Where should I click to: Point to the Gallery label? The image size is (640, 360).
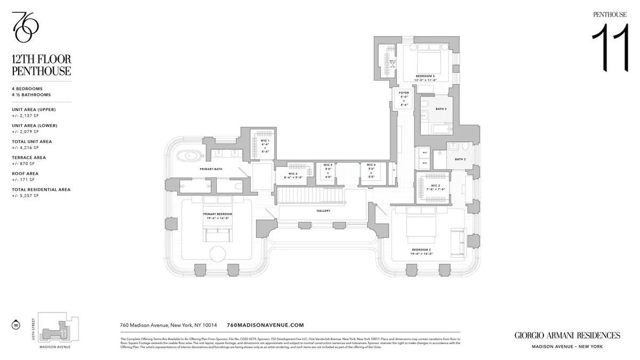pyautogui.click(x=323, y=211)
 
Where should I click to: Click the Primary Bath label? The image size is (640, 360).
pyautogui.click(x=211, y=169)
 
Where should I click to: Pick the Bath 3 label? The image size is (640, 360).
pyautogui.click(x=441, y=109)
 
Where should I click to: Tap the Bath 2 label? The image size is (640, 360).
pyautogui.click(x=460, y=159)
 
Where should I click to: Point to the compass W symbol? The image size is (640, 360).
pyautogui.click(x=16, y=324)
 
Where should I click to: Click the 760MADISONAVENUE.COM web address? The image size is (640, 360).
pyautogui.click(x=265, y=325)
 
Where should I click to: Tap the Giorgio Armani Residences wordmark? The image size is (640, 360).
pyautogui.click(x=567, y=335)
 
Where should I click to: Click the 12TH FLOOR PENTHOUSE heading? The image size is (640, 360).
pyautogui.click(x=41, y=65)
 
